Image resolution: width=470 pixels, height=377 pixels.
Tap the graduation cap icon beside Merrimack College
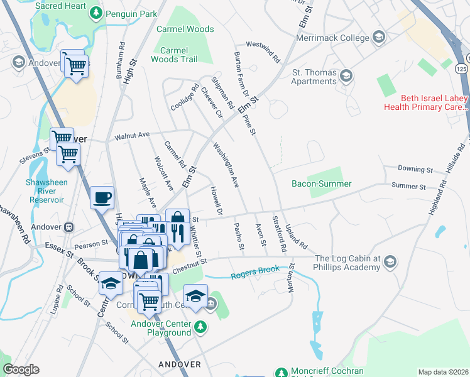(378, 38)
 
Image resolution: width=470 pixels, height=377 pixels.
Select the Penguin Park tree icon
(95, 12)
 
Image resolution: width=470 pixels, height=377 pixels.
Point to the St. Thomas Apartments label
(314, 77)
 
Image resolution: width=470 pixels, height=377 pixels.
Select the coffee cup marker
(102, 197)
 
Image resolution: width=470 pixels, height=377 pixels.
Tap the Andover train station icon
(70, 227)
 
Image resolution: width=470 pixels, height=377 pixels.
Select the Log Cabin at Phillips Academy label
(347, 263)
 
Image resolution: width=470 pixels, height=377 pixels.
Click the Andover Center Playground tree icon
(200, 326)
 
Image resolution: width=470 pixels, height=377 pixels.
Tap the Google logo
(21, 369)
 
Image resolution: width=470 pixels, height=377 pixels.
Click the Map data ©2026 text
(442, 372)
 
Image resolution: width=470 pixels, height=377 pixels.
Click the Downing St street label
(416, 170)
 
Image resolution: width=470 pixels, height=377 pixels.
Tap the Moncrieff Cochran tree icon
(280, 373)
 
